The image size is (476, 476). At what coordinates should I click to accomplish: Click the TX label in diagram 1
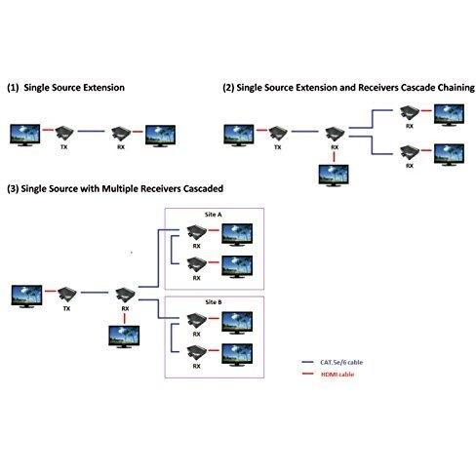coord(64,147)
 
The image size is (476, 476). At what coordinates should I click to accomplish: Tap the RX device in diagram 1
coord(121,133)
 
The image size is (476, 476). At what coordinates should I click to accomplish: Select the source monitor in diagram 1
coord(25,135)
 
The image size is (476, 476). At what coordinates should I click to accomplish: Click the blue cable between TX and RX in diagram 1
coord(92,132)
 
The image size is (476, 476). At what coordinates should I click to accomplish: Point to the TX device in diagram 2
coord(278,133)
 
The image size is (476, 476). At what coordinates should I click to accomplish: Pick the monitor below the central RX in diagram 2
coord(334,176)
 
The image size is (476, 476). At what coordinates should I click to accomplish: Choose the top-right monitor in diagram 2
coord(449,115)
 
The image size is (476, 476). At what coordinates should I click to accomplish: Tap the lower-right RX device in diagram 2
coord(410,152)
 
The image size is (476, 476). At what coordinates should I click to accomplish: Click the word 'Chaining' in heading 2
coord(456,88)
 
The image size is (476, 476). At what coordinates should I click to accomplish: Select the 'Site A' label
coord(214,215)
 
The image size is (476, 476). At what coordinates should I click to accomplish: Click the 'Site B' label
coord(214,302)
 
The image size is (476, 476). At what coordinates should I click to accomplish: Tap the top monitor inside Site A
coord(237,235)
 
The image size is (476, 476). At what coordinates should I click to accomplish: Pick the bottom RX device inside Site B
coord(197,353)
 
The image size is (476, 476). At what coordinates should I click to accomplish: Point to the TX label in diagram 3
coord(66,308)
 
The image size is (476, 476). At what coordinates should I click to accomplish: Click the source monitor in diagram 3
coord(26,297)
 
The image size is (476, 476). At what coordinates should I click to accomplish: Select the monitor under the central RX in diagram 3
coord(124,337)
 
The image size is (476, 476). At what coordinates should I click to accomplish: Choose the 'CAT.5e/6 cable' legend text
coord(341,362)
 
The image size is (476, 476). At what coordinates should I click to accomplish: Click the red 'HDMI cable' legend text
coord(337,375)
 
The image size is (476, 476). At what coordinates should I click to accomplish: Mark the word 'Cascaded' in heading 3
coord(203,188)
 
